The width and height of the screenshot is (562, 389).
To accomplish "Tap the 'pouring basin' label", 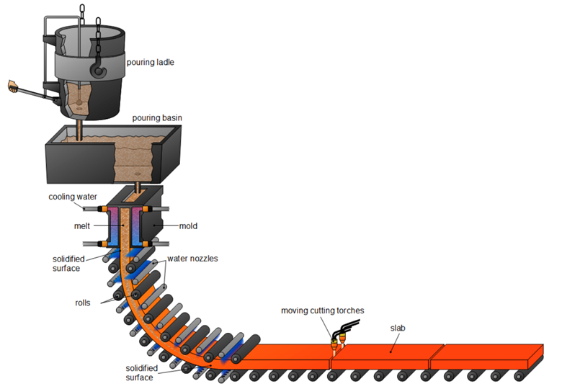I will (x=156, y=117).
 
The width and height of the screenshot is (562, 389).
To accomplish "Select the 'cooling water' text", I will (x=73, y=197).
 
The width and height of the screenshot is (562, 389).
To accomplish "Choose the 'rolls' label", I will (x=81, y=303).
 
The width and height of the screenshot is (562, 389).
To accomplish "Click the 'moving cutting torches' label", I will (x=322, y=310).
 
